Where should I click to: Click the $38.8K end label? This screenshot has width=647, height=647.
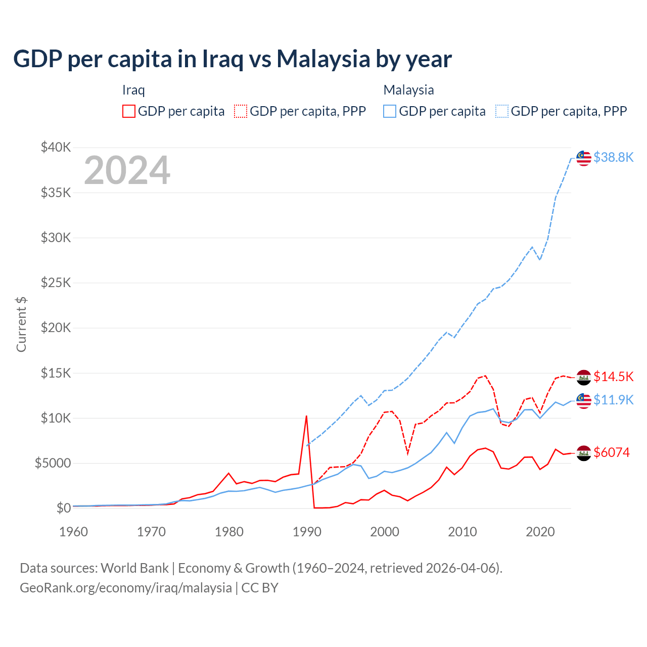pyautogui.click(x=613, y=157)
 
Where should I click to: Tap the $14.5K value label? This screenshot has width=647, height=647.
pyautogui.click(x=613, y=377)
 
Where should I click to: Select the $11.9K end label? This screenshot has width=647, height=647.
pyautogui.click(x=613, y=400)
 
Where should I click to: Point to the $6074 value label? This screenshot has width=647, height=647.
pyautogui.click(x=612, y=452)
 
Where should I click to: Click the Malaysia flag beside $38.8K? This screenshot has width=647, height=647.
pyautogui.click(x=584, y=158)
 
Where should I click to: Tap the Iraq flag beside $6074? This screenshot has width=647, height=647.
pyautogui.click(x=584, y=453)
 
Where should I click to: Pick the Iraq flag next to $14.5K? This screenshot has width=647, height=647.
pyautogui.click(x=584, y=377)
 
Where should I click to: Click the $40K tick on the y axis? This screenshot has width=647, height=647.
pyautogui.click(x=56, y=148)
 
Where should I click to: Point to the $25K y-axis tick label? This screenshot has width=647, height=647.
pyautogui.click(x=56, y=283)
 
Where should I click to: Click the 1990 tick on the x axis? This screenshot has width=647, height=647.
pyautogui.click(x=307, y=532)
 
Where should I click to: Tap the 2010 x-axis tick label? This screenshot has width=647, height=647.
pyautogui.click(x=463, y=532)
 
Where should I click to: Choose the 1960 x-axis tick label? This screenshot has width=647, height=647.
pyautogui.click(x=74, y=532)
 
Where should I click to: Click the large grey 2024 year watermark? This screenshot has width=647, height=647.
pyautogui.click(x=127, y=170)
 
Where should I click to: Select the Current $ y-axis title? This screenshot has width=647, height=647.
pyautogui.click(x=21, y=324)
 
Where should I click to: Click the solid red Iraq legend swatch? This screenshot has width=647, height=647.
pyautogui.click(x=129, y=111)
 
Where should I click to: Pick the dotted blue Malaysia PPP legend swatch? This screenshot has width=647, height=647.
pyautogui.click(x=502, y=111)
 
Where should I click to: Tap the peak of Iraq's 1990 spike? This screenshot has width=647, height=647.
pyautogui.click(x=306, y=416)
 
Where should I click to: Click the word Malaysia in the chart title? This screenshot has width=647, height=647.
pyautogui.click(x=323, y=59)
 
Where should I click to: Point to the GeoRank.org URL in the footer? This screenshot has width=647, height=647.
pyautogui.click(x=126, y=588)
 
